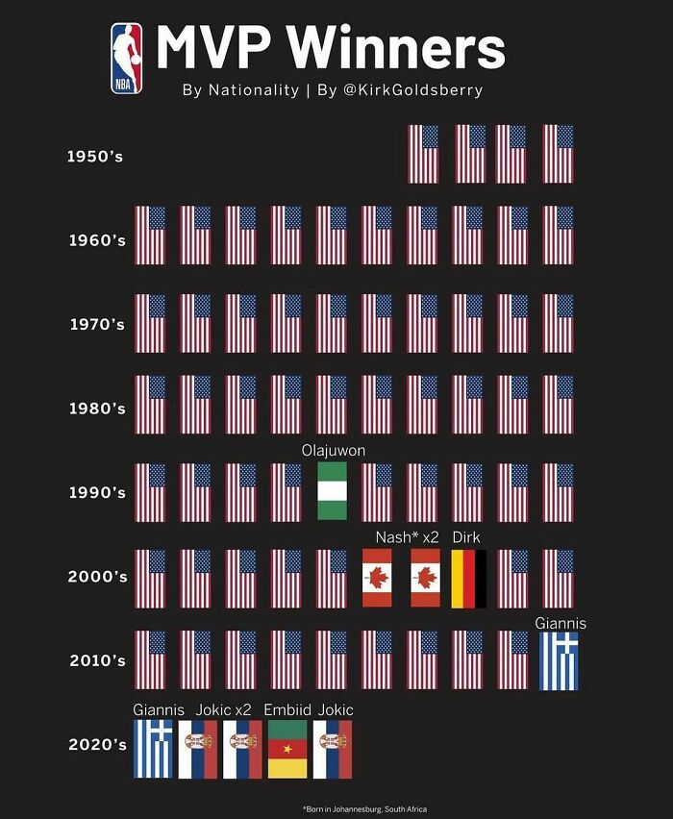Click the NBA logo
[126, 59]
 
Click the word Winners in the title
[395, 48]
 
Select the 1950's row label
[96, 155]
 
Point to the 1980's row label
[96, 409]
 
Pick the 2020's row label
[96, 745]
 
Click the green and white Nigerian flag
[332, 492]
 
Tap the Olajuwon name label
[333, 450]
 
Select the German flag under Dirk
[468, 579]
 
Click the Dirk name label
[466, 536]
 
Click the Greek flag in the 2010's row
[559, 661]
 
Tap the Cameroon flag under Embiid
[287, 749]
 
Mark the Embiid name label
[287, 709]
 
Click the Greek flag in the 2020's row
[151, 749]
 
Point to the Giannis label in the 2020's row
[159, 709]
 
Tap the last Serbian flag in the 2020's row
[333, 749]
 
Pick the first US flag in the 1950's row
[423, 155]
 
